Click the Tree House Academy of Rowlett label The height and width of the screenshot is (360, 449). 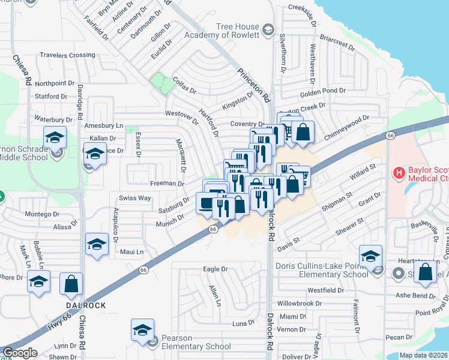click(x=238, y=31)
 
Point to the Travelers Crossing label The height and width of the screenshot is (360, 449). click(x=67, y=55)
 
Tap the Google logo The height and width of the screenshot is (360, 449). click(x=20, y=353)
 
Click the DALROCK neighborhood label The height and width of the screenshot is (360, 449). click(x=86, y=305)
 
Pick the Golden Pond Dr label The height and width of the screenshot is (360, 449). click(x=323, y=91)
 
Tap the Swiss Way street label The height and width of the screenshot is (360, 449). click(x=135, y=198)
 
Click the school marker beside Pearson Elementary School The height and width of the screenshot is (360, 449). click(x=142, y=331)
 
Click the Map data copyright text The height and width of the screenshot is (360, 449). click(x=423, y=355)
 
